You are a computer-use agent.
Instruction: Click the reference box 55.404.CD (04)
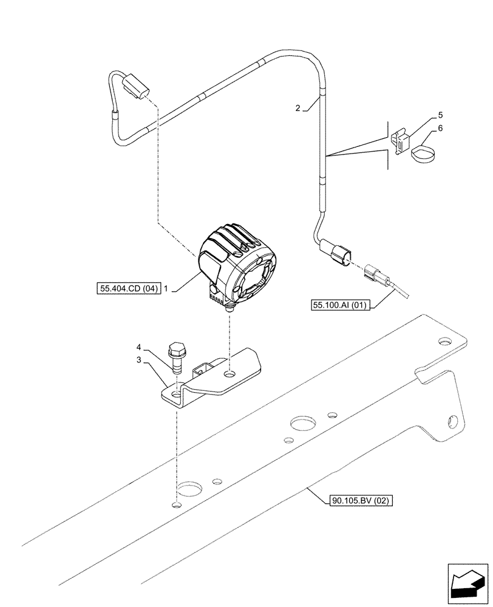coord(127,290)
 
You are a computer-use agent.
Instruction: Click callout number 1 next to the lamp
coord(167,290)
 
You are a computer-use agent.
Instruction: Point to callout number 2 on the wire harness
coord(297,109)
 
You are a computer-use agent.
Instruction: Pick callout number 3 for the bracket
coord(140,360)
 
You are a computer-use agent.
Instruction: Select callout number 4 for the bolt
coord(140,348)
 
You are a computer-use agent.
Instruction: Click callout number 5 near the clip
coord(441,115)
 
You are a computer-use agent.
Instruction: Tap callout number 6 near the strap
coord(441,129)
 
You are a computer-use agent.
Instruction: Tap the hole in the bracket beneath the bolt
coord(176,395)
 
